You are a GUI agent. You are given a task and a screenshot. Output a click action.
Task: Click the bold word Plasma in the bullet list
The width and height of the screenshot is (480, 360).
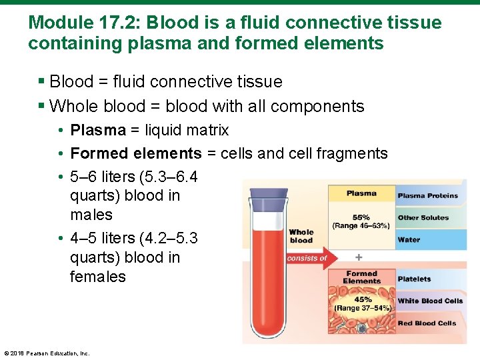[97, 130]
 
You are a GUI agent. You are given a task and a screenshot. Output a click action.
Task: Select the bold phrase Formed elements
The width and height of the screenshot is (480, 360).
[135, 153]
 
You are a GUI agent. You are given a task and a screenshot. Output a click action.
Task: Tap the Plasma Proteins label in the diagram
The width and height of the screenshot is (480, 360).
[427, 196]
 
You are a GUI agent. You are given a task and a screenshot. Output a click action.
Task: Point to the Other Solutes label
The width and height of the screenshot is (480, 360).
[423, 218]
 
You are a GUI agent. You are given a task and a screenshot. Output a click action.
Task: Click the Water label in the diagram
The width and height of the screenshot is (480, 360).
[409, 240]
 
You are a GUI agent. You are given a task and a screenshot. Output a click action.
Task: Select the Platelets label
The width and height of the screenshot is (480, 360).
[414, 279]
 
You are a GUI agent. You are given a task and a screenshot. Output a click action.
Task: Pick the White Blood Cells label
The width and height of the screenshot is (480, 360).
[430, 301]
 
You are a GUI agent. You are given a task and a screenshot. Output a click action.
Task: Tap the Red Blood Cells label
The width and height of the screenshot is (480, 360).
[427, 323]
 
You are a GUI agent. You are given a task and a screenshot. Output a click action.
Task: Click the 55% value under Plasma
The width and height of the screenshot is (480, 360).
[361, 217]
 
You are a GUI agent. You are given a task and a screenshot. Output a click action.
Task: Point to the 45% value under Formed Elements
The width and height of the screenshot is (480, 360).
[363, 300]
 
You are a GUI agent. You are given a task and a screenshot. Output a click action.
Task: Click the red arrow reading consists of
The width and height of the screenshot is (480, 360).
[307, 258]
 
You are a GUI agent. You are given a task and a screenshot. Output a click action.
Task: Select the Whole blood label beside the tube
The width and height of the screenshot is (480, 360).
[301, 236]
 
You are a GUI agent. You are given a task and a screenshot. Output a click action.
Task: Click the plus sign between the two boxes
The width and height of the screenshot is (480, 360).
[359, 257]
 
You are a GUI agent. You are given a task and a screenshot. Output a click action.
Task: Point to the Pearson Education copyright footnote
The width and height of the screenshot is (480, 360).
[47, 353]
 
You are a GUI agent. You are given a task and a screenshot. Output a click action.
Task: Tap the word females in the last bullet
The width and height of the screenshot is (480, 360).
[97, 277]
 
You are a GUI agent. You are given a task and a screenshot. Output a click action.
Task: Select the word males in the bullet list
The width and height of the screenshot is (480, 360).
[91, 215]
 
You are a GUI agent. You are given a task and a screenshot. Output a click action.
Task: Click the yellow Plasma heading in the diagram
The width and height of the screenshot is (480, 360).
[361, 193]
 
